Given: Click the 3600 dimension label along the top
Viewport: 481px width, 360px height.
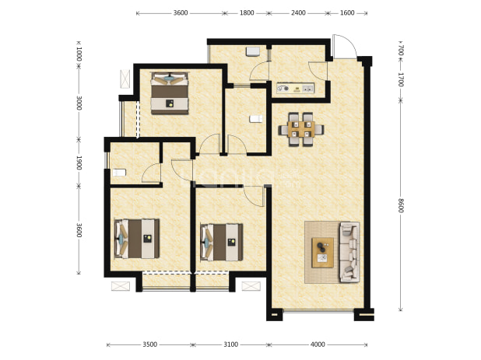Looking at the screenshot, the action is pos(181,13).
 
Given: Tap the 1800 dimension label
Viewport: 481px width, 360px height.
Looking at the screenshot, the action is pos(247,13).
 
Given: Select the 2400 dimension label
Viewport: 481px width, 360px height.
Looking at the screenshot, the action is pos(298,13).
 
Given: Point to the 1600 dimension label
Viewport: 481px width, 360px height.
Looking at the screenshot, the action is pos(347,13).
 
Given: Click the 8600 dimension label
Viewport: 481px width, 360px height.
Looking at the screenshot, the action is pos(401,205).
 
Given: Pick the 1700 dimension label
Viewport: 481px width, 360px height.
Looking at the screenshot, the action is pos(401,79).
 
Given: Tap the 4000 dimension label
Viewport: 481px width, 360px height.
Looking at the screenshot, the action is pos(318,344).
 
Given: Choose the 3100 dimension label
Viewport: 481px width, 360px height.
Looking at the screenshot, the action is pos(230,344).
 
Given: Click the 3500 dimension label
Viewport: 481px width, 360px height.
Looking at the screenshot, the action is pos(150,344).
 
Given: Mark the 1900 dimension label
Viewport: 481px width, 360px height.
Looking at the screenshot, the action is pos(79,163).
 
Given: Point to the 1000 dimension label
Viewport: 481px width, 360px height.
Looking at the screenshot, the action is pos(79,54).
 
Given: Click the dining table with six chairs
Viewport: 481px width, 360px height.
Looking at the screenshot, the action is pos(301,130).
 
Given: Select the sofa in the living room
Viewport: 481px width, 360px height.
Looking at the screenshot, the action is pos(349,252).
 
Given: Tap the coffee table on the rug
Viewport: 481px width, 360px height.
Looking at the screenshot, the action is pos(323,253).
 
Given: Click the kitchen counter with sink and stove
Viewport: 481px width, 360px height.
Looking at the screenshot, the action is pos(296,88).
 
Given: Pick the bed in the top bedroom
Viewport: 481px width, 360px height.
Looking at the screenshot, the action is pos(170,93).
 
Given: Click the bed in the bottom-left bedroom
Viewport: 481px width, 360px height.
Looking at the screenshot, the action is pos(137,239).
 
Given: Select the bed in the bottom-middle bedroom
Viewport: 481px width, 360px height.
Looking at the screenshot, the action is pos(222,242).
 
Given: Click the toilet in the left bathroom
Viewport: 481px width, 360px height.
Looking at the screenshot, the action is pos(119,173).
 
